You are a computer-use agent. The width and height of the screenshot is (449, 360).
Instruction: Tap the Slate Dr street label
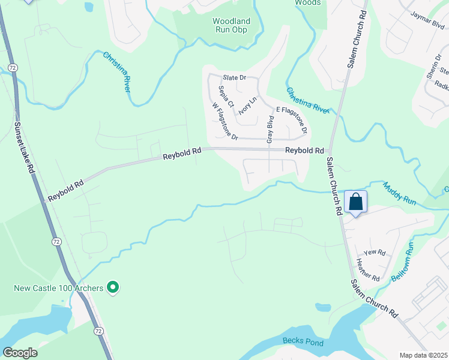(235, 78)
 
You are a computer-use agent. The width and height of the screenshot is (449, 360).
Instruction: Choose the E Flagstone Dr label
(292, 120)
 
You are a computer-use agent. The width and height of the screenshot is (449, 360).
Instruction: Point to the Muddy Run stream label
(399, 194)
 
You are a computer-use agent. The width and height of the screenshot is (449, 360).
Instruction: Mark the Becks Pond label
(303, 343)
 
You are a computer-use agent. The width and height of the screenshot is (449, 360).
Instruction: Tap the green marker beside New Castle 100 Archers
(112, 289)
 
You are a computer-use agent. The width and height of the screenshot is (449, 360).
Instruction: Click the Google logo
(20, 352)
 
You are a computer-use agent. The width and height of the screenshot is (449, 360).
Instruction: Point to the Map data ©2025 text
(424, 355)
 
